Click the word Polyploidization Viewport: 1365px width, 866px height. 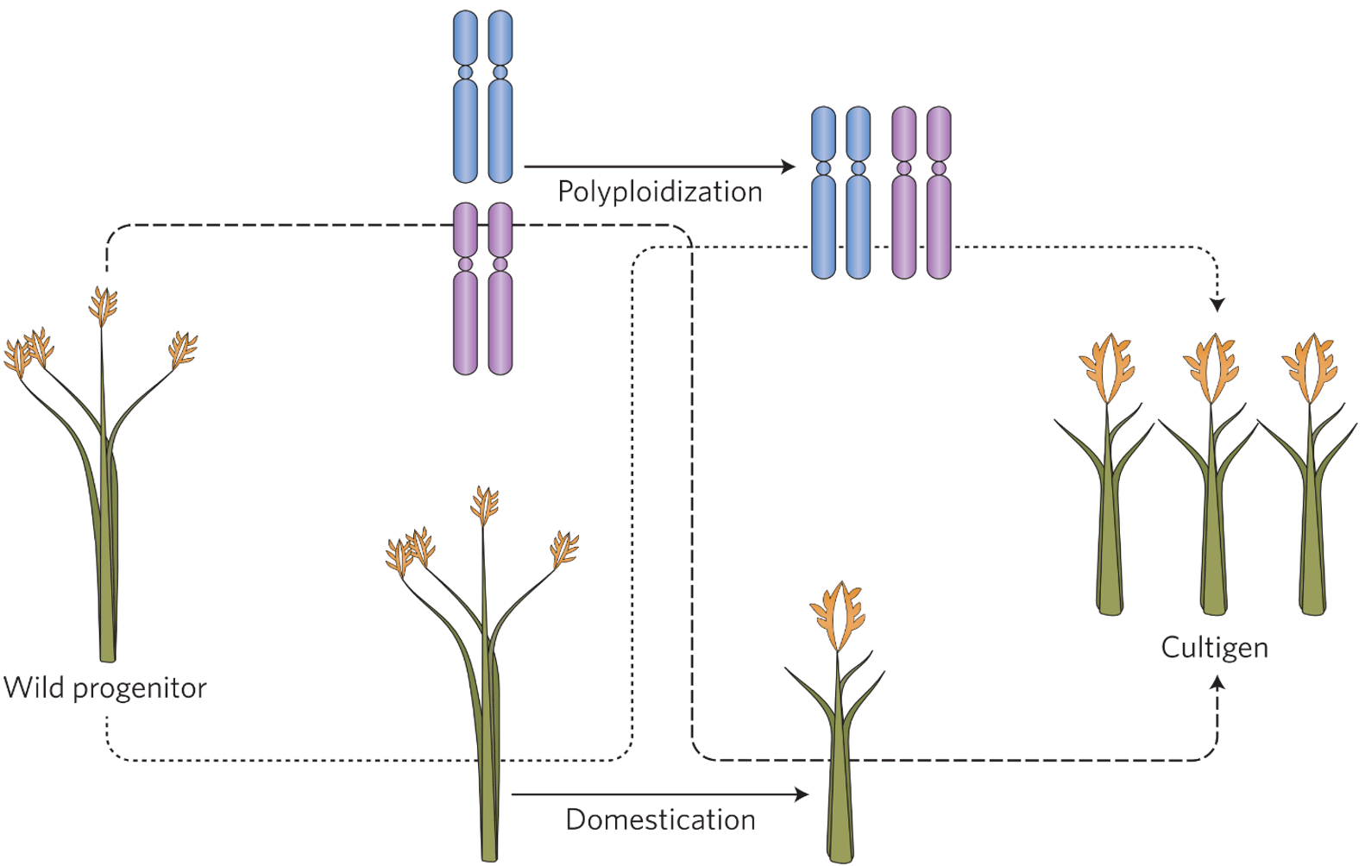660,191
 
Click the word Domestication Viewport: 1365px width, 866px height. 660,819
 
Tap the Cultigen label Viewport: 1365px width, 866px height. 1214,647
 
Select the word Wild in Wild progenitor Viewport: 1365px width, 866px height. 35,688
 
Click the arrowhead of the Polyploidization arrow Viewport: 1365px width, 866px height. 788,166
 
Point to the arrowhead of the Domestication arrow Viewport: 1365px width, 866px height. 802,794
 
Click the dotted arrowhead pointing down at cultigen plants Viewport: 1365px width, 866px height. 1217,304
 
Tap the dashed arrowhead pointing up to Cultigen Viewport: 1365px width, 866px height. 1217,683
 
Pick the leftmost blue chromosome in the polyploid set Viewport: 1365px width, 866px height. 824,192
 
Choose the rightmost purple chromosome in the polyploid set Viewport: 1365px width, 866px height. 939,192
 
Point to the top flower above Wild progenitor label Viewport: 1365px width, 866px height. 103,306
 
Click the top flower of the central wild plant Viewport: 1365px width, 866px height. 484,505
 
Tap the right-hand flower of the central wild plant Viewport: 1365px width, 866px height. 564,549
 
